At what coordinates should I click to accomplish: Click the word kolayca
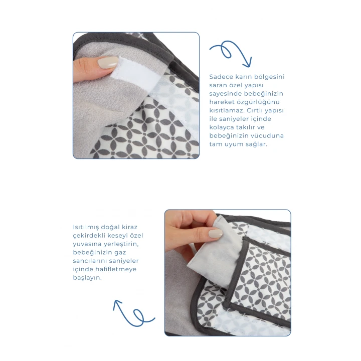pos(222,127)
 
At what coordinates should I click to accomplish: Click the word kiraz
pos(129,227)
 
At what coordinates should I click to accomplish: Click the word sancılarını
pos(91,261)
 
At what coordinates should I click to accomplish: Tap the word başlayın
pos(87,278)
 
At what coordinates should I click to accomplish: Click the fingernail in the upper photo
pos(108,62)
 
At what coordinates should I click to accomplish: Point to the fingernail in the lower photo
pos(215,234)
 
